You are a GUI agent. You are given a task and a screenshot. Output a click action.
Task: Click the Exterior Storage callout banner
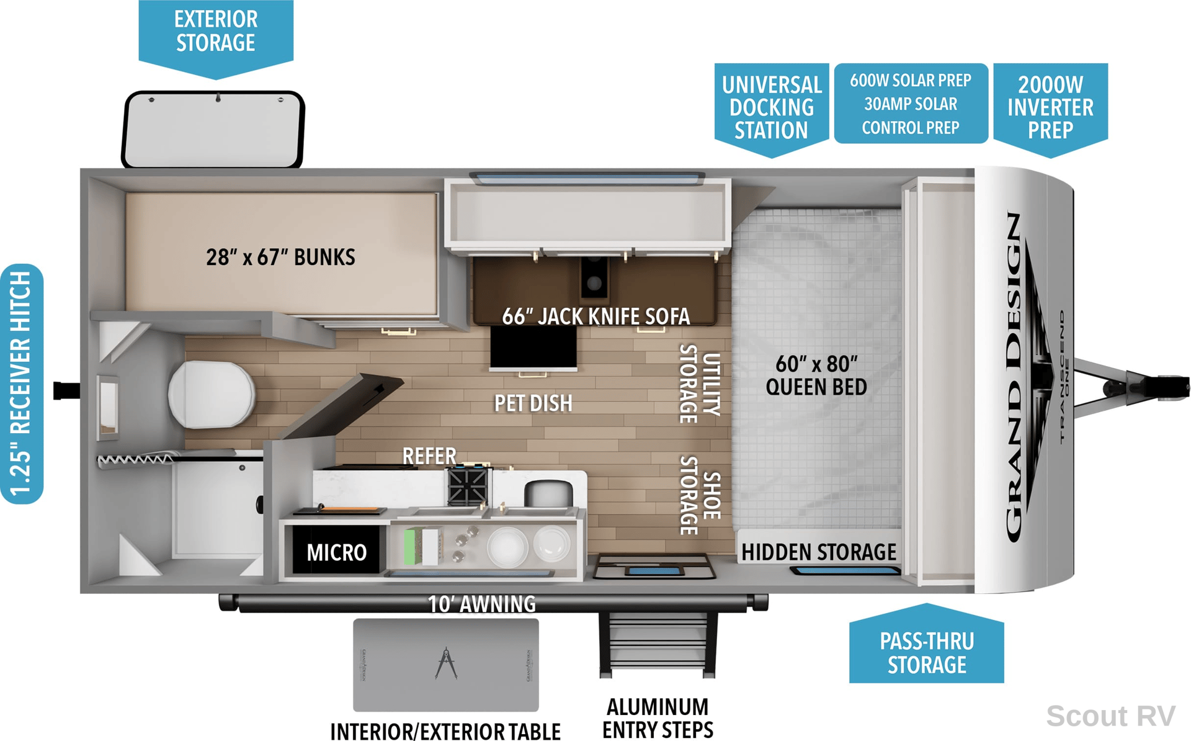[215, 37]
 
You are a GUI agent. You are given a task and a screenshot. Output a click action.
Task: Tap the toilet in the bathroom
[211, 395]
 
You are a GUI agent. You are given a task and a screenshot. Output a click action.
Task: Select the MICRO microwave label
[336, 552]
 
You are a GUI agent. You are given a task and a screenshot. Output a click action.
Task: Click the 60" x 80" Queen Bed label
[816, 375]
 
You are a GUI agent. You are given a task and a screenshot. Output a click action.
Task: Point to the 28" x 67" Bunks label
[280, 257]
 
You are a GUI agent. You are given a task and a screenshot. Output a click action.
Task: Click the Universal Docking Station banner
[772, 109]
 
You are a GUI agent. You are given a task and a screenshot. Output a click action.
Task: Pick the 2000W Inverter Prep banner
[1050, 109]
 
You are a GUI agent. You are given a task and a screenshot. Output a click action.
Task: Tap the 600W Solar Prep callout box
[911, 104]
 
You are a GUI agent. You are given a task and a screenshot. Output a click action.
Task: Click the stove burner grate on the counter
[468, 486]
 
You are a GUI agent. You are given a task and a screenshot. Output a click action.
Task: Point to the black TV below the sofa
[533, 347]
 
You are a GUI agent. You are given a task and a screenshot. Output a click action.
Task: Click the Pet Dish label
[533, 403]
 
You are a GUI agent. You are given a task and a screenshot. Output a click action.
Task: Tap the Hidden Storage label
[819, 552]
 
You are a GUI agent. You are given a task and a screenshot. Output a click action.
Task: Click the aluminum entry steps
[658, 644]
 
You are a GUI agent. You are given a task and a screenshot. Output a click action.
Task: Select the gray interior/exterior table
[446, 665]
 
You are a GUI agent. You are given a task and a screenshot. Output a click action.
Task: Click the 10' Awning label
[482, 604]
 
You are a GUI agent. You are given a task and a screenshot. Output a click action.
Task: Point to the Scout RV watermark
[1110, 716]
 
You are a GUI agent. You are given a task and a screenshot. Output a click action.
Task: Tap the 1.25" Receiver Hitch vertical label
[22, 384]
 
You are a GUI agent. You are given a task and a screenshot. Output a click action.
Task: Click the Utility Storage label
[700, 384]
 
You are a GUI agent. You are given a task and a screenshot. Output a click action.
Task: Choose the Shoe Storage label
[700, 495]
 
